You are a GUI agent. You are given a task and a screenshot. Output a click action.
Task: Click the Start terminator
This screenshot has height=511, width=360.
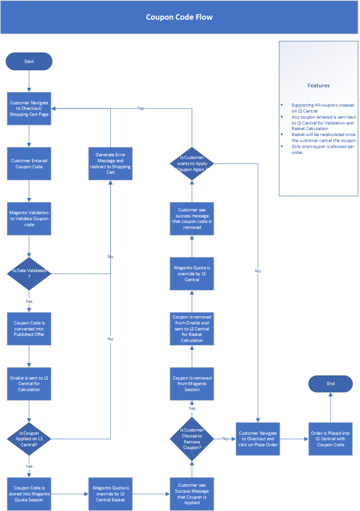29,61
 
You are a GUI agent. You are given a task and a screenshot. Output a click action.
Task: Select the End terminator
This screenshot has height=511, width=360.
330,384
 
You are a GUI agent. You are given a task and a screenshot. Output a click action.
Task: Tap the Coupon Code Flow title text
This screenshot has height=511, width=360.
179,17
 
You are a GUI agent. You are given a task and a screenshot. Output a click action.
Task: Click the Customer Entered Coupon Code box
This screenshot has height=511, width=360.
29,163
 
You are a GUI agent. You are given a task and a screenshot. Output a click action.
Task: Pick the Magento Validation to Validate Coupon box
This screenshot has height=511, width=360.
29,219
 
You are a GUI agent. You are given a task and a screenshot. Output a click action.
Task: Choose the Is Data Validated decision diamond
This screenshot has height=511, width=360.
29,274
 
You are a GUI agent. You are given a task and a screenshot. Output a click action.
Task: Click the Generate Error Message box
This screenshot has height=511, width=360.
110,163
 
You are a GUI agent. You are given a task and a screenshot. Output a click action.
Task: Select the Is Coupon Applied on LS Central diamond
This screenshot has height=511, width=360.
29,439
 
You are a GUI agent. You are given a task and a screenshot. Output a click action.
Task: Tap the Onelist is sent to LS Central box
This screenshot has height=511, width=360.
29,384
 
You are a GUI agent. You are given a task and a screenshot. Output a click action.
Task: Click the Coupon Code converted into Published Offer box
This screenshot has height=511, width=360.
29,329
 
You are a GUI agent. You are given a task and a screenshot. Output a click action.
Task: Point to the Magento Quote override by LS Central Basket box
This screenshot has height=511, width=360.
110,494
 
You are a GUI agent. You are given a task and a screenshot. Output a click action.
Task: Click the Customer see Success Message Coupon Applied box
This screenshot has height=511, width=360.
192,494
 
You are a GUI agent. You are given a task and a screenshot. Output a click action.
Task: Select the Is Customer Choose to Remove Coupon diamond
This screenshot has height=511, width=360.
192,439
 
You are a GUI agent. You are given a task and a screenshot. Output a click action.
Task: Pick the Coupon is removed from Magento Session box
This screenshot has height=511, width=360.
192,384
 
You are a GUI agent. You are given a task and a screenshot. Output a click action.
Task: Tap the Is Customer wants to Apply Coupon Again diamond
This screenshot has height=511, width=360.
192,163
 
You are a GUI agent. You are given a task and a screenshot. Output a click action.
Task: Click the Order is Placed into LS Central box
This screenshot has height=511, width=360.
330,439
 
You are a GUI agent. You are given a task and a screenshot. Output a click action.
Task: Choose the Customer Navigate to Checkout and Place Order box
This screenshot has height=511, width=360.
258,439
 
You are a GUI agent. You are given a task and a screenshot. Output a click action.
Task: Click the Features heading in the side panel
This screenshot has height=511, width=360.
319,86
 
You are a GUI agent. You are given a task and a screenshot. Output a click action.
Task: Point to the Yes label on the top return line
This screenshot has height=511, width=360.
140,108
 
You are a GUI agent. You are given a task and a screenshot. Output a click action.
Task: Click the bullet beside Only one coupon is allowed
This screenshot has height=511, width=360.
282,146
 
